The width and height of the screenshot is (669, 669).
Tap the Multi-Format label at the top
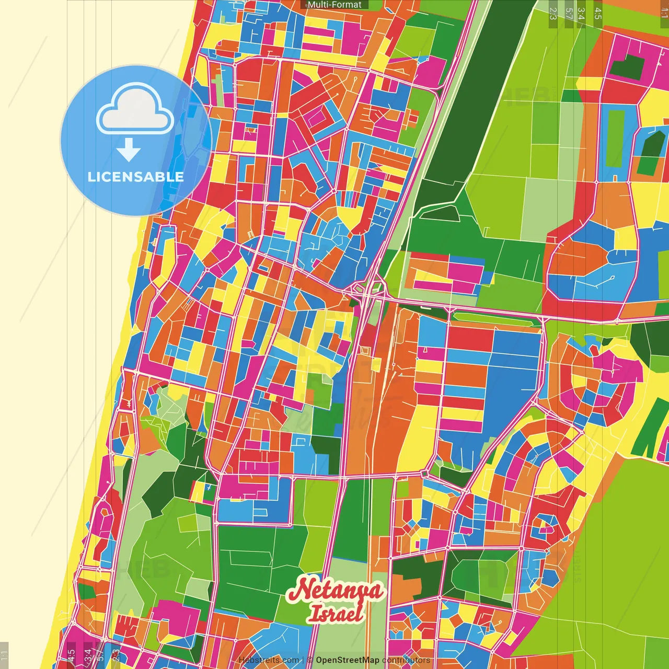pos(334,5)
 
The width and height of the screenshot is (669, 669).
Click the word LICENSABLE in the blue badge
pos(136,177)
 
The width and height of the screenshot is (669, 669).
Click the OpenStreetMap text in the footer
pos(347,660)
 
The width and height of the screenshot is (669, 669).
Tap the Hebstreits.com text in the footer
pos(269,660)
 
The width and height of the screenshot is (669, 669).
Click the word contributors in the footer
pos(406,660)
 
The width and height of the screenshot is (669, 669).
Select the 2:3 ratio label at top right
pos(553,14)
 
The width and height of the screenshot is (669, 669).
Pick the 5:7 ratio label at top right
pos(569,14)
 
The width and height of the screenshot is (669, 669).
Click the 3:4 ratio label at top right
pos(582,14)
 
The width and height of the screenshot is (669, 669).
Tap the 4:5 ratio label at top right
pos(598,14)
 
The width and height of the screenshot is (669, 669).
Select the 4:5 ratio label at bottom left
pos(71,655)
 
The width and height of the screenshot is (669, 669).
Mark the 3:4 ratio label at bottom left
pos(87,655)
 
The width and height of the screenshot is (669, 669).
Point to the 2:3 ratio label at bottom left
pos(116,655)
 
